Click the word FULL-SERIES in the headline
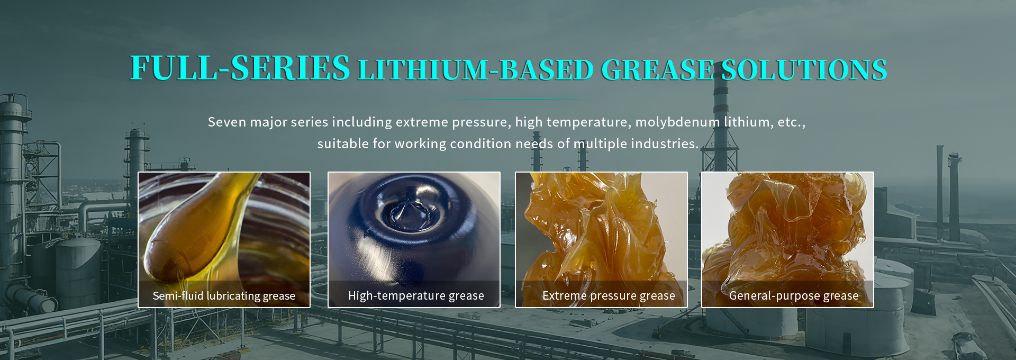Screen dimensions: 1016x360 point(240,68)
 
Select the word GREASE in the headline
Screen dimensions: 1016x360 point(657,70)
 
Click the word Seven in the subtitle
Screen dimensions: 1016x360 point(227,122)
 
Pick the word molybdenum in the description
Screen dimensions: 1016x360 point(677,123)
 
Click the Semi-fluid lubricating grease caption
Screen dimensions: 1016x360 point(224,296)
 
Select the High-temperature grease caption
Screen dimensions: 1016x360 point(416,296)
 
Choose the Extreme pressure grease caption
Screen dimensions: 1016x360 point(609,296)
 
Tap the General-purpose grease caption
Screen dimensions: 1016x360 point(794,296)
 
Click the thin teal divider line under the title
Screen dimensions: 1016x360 point(514,100)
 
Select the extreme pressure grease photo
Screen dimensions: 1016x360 point(601,239)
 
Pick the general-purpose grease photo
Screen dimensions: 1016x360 point(787,239)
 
